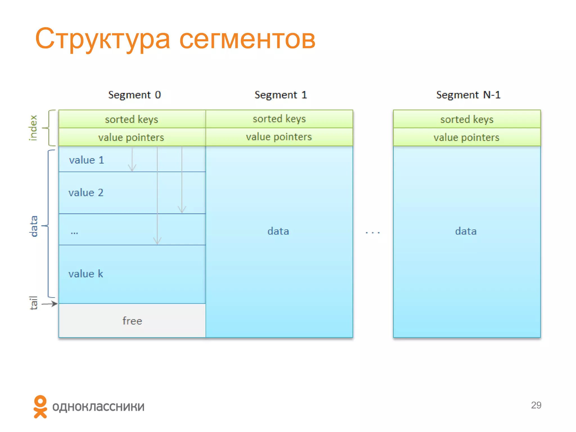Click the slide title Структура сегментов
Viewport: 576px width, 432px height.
point(175,39)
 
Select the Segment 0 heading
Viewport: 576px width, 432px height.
point(134,95)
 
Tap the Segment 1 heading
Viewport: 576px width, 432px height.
point(280,95)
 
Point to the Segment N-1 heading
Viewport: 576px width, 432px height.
point(468,95)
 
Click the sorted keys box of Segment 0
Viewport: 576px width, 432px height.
point(132,119)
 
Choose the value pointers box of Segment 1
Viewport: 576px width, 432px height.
point(279,137)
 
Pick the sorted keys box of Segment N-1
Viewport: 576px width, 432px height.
point(467,119)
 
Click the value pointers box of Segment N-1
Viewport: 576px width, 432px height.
point(467,137)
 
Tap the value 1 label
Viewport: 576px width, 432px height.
point(87,160)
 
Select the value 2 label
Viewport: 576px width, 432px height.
point(86,193)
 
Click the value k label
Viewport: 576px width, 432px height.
point(86,274)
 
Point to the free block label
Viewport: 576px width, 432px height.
point(132,321)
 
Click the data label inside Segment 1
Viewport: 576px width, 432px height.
point(278,231)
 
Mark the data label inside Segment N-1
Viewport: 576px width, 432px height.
point(466,231)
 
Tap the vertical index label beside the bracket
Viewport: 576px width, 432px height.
point(33,128)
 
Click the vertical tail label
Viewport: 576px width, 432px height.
point(33,303)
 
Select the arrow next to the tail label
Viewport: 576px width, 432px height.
point(50,304)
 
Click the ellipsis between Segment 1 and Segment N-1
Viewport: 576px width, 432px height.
point(373,233)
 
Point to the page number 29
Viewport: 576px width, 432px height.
point(536,405)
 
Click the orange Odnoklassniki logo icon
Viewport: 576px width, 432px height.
point(40,407)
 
